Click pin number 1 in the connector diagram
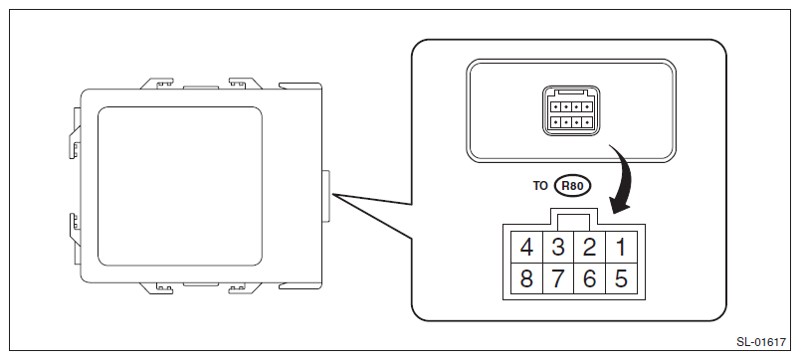621,248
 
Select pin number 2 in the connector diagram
589,248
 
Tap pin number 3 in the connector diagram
558,248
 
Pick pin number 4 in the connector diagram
526,248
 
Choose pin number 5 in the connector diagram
621,278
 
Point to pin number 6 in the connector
589,278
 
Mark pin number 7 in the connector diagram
558,278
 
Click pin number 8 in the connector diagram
526,278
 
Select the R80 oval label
572,186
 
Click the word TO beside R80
540,186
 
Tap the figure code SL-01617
761,342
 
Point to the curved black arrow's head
619,207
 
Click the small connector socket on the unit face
571,111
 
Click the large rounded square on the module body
179,186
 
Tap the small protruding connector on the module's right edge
326,196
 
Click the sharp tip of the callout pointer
332,194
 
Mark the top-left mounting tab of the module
158,84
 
